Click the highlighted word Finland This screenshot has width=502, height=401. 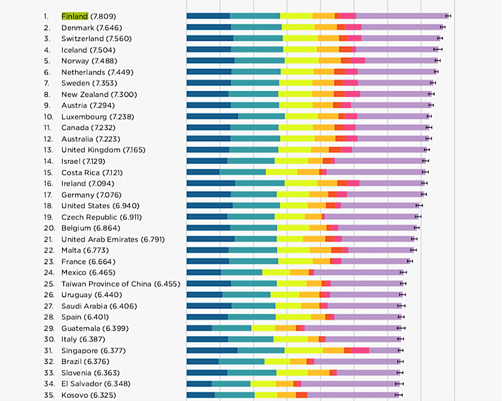coord(74,17)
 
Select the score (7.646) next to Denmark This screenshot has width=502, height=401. coord(109,28)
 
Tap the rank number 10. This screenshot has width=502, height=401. coord(48,117)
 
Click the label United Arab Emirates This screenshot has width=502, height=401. coord(100,239)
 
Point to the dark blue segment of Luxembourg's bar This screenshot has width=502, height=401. coord(212,116)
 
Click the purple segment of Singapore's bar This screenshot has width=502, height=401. coord(385,350)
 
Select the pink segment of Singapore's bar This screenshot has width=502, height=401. coord(360,350)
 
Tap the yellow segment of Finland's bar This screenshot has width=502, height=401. coord(296,16)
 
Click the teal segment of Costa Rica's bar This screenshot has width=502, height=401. coord(243,172)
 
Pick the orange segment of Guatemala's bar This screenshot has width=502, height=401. coord(286,328)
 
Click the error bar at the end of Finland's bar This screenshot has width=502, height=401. coord(448,16)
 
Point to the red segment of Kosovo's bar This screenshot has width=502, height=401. coord(302,395)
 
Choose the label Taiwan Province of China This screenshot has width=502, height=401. coord(106,284)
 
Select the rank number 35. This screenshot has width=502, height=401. coord(49,395)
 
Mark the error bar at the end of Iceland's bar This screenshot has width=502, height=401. coord(438,49)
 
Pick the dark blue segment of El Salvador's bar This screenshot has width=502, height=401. coord(199,384)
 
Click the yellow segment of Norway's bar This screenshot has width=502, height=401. coord(302,60)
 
